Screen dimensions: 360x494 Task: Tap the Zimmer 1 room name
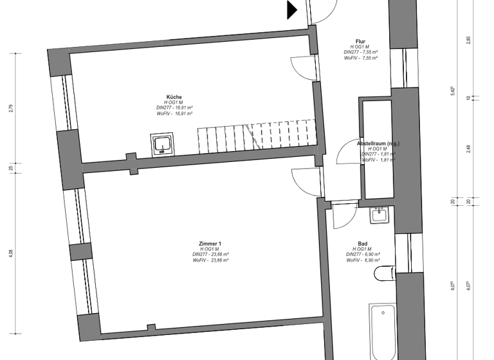pyautogui.click(x=210, y=244)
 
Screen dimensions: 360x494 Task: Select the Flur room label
pyautogui.click(x=360, y=41)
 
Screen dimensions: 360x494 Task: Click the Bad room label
pyautogui.click(x=363, y=244)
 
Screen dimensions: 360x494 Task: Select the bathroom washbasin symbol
pyautogui.click(x=380, y=214)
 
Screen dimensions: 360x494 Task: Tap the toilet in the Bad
pyautogui.click(x=385, y=274)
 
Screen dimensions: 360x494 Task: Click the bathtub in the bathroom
pyautogui.click(x=384, y=331)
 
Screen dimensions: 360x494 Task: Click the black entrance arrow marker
pyautogui.click(x=291, y=10)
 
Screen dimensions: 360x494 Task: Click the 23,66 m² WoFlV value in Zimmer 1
pyautogui.click(x=210, y=260)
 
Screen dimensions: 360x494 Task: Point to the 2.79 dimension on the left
pyautogui.click(x=11, y=108)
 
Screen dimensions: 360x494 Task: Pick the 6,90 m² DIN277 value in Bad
pyautogui.click(x=363, y=255)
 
